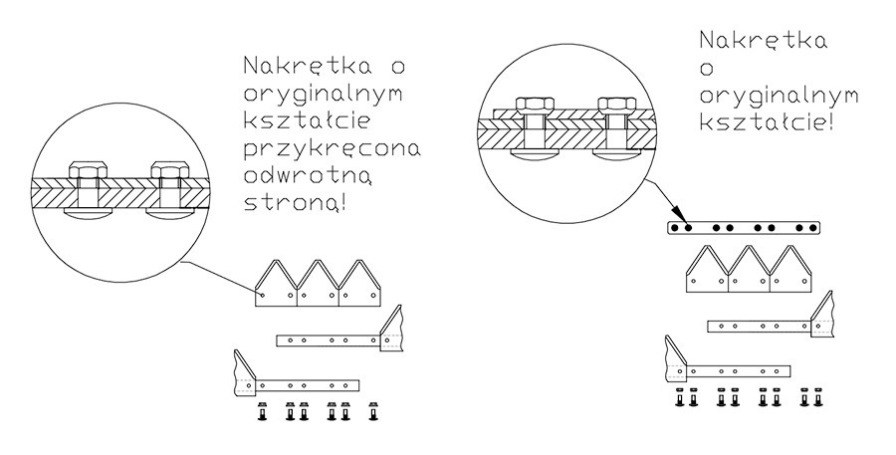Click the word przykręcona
tap(332, 149)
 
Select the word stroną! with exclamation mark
tap(295, 203)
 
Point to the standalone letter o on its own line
tap(707, 68)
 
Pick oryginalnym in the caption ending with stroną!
tap(324, 95)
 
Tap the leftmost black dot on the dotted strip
tap(675, 228)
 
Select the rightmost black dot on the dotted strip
tap(813, 228)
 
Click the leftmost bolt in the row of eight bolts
tap(679, 397)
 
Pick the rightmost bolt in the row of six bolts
tap(373, 411)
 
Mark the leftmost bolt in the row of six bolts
tap(262, 411)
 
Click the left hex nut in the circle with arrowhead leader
tap(535, 104)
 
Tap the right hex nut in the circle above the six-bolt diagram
tap(169, 170)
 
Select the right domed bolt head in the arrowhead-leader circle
tap(616, 154)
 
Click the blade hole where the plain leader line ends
tap(262, 295)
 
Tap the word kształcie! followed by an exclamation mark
tap(766, 122)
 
